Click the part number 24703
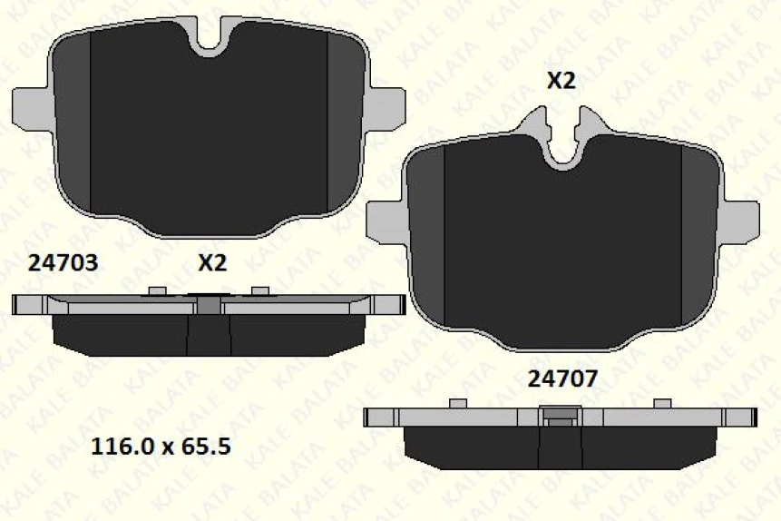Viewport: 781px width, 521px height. [63, 263]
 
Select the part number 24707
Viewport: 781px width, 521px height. [562, 378]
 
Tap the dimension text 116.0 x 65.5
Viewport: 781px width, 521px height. [161, 447]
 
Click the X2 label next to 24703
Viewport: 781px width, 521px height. [211, 263]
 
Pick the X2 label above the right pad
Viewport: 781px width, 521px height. [561, 81]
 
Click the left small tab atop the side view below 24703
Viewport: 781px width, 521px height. [156, 290]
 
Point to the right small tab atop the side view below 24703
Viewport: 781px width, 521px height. [261, 290]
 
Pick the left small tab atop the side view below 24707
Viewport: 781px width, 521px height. [458, 403]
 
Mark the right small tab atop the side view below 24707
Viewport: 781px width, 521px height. [662, 403]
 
